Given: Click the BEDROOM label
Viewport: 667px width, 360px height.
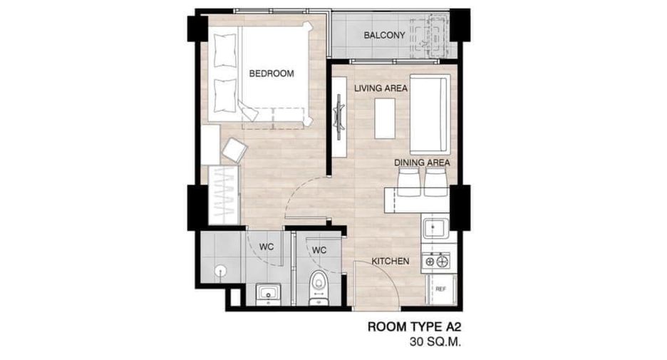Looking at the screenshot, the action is pos(272,73).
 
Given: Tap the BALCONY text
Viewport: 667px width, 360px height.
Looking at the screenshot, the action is pos(384,36).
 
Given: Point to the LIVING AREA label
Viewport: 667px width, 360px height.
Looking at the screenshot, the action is pos(381,88).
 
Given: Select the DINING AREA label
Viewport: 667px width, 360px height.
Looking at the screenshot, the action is pos(422,163).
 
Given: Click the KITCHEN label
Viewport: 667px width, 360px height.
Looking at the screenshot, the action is pos(391,262).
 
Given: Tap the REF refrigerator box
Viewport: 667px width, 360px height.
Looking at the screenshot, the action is pos(440,289).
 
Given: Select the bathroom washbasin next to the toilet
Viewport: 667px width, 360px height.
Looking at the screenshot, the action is pos(268,294).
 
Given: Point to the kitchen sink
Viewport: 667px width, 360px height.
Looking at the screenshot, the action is pos(435,229).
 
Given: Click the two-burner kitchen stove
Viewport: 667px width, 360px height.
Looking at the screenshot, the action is pos(435,260).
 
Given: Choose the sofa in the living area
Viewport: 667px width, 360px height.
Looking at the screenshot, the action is pos(430,114).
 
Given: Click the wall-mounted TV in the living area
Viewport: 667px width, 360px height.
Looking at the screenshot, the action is pos(339,117).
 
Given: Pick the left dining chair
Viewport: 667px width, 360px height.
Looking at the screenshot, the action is pos(409,182).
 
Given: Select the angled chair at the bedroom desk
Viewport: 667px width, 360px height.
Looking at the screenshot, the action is pos(234,150).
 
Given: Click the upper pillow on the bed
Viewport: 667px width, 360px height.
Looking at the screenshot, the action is pos(224,51).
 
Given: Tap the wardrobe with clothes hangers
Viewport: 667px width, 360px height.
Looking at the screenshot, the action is pos(224,195).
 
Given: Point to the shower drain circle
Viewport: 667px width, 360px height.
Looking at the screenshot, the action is pos(220,270).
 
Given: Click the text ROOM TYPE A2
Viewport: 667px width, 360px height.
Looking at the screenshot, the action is pos(414,326).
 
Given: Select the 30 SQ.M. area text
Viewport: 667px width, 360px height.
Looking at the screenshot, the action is pos(435,342).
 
